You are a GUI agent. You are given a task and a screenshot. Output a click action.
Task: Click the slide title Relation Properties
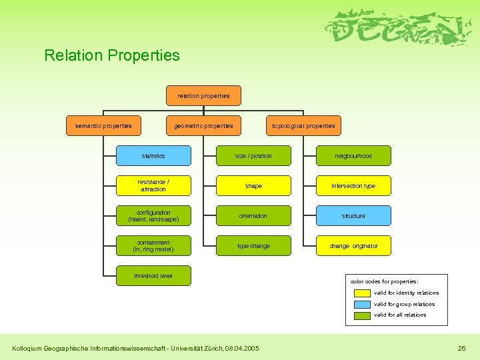(112, 55)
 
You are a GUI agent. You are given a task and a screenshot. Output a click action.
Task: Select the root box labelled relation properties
(203, 96)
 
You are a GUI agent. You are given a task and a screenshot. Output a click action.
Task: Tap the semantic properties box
(103, 125)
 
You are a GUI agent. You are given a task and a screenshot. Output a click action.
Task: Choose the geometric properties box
(203, 125)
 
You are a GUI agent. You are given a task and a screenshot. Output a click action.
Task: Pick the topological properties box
(303, 125)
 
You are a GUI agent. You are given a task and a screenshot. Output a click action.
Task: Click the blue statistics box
(153, 156)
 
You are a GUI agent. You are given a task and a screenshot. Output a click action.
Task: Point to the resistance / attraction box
(153, 185)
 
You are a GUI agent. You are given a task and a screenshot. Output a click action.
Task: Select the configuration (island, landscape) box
(153, 216)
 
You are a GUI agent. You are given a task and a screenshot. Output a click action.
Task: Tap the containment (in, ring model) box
(153, 246)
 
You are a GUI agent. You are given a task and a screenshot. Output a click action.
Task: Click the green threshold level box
(153, 276)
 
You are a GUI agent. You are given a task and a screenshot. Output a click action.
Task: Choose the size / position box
(253, 156)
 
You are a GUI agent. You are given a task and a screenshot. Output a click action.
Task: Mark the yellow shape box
(253, 186)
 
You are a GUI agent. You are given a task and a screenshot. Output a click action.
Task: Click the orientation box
(253, 216)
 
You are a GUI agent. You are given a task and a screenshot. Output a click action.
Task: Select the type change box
(253, 246)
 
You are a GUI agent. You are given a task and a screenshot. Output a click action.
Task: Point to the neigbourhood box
(353, 156)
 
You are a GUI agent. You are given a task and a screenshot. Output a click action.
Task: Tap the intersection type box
(353, 186)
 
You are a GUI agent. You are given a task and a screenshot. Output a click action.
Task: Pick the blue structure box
(353, 216)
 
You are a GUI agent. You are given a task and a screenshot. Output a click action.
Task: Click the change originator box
(353, 246)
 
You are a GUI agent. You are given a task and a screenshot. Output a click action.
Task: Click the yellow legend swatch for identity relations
(362, 293)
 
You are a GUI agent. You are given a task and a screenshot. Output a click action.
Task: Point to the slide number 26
(461, 348)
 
